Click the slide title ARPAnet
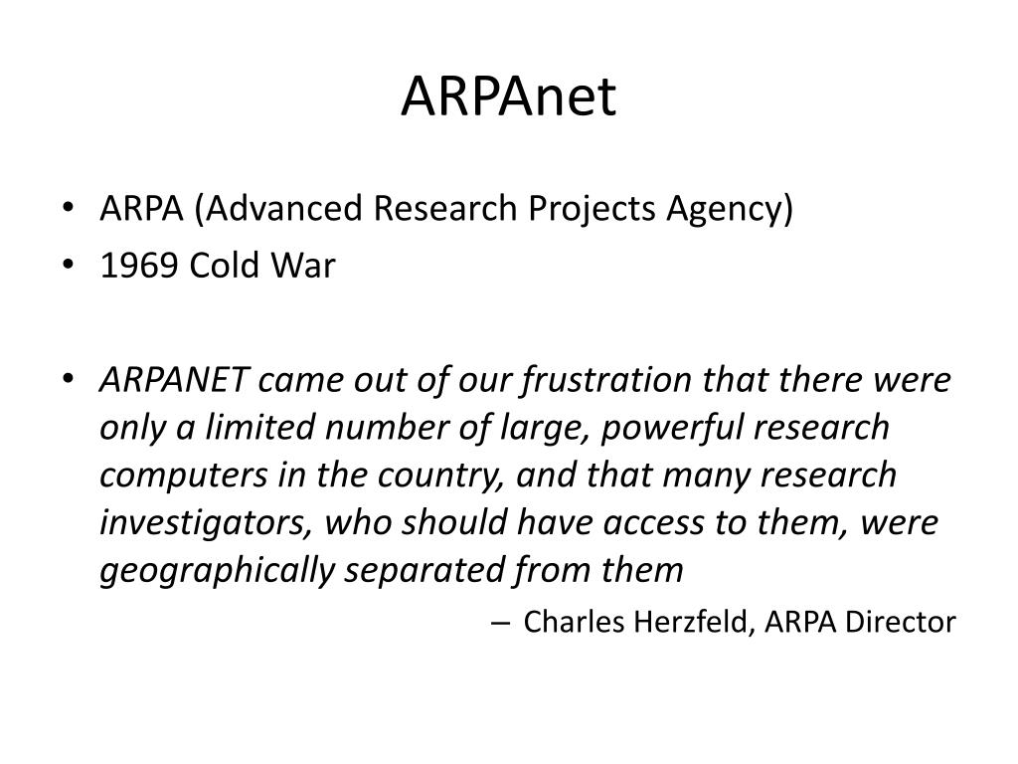point(508,96)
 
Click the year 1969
point(139,265)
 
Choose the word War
point(303,265)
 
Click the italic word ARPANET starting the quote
point(174,380)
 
